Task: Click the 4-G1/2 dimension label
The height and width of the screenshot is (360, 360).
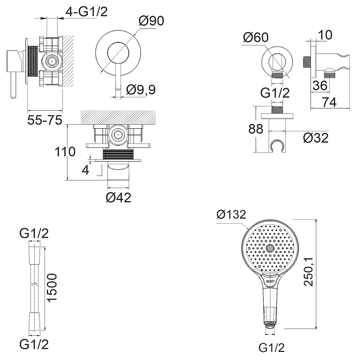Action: pyautogui.click(x=86, y=12)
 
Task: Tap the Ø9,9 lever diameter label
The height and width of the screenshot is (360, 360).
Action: pyautogui.click(x=141, y=90)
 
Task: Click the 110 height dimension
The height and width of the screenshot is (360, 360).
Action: pyautogui.click(x=65, y=152)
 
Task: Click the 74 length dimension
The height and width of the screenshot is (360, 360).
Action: pyautogui.click(x=329, y=103)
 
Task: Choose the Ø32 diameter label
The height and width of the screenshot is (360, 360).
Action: pyautogui.click(x=315, y=138)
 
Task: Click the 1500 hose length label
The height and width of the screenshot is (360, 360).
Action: pyautogui.click(x=52, y=288)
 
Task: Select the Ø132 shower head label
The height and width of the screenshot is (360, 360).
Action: pyautogui.click(x=231, y=215)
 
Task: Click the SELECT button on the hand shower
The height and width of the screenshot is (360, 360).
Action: pyautogui.click(x=270, y=279)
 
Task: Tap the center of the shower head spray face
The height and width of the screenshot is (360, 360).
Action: pyautogui.click(x=270, y=248)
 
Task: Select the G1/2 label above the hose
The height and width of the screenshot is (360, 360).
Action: pyautogui.click(x=34, y=233)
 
